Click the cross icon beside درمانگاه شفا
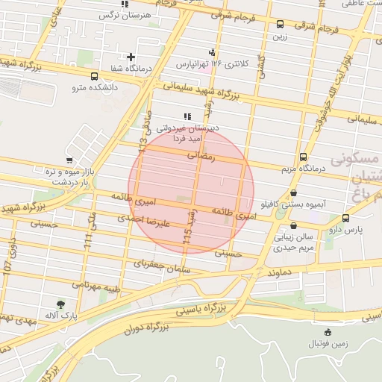(131, 57)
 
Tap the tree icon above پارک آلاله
(60, 304)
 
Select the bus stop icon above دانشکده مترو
(94, 76)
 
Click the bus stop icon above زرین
(280, 24)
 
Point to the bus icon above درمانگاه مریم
(302, 157)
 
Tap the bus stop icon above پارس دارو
(345, 218)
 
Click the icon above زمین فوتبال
(328, 332)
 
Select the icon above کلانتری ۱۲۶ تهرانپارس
(213, 51)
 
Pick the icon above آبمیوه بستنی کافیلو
(292, 192)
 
